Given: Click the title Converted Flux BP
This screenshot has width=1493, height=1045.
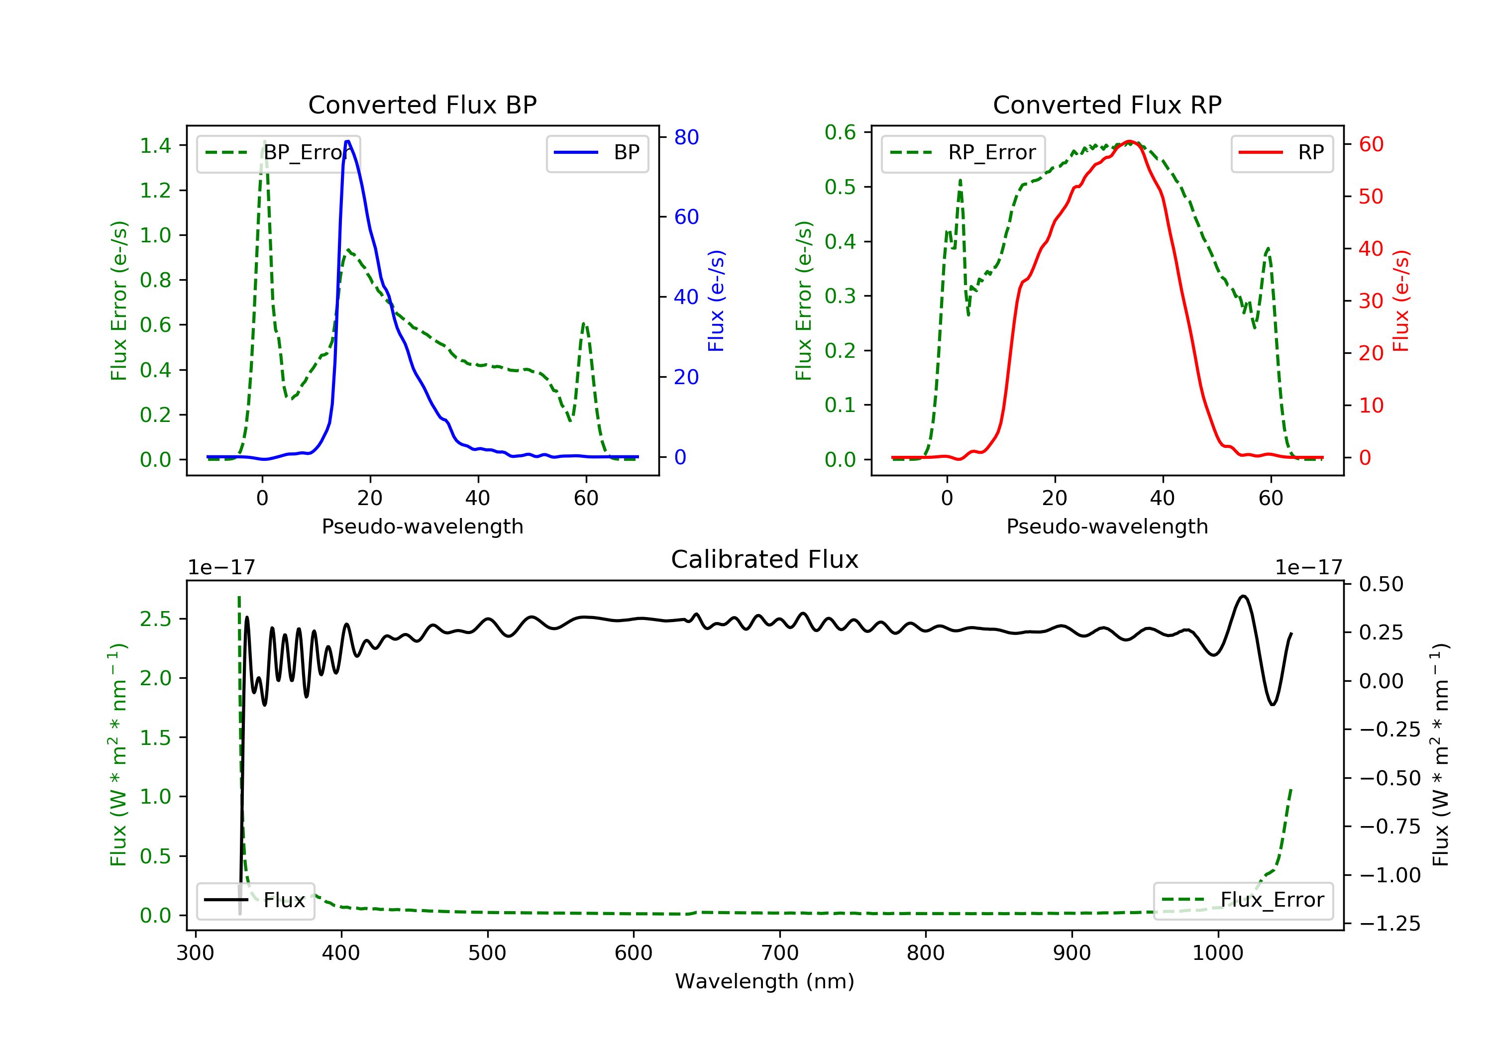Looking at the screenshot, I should [422, 104].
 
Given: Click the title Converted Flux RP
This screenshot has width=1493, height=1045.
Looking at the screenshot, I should [1107, 104].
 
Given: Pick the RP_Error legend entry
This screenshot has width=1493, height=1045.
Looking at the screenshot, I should [963, 153].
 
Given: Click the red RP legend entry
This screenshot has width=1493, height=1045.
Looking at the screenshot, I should [1281, 153].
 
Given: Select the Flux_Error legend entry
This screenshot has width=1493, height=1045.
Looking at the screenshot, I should [1243, 900].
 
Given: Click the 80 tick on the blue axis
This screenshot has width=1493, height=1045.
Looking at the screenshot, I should [686, 137].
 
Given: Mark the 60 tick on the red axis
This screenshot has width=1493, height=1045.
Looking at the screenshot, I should [1371, 144].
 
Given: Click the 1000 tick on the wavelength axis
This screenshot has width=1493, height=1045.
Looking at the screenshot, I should [1217, 953].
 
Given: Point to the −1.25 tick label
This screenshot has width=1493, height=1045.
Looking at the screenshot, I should [1389, 924].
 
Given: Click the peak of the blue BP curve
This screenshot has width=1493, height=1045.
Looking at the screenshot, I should [348, 141].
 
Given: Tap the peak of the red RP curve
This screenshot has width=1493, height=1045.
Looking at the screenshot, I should [1130, 141].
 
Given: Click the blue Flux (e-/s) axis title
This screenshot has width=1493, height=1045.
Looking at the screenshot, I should [716, 301].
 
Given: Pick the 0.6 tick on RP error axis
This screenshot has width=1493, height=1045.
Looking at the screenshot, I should [840, 133].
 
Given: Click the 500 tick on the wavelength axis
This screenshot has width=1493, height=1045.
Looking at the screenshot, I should [487, 953].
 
